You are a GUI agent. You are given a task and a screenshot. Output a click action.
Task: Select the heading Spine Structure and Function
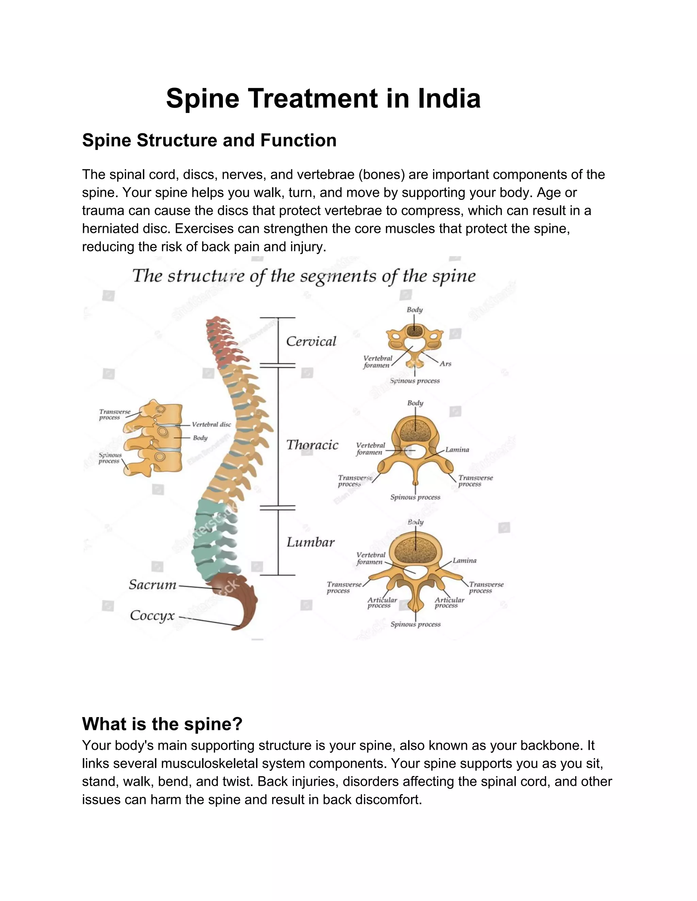point(209,140)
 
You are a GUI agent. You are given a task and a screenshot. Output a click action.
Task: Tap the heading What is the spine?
point(162,724)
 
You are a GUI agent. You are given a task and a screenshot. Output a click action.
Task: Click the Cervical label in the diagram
point(311,342)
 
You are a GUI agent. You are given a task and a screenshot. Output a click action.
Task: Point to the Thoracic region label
point(312,445)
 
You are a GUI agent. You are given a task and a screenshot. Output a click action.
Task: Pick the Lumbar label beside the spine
point(310,542)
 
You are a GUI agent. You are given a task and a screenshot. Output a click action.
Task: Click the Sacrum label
point(152,584)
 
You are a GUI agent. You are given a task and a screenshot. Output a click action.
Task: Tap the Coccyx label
point(152,615)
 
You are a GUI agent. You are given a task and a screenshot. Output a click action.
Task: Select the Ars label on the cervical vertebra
point(445,364)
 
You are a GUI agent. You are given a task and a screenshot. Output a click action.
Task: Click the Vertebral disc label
point(211,425)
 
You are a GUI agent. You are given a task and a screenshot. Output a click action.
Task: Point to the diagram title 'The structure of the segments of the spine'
point(304,276)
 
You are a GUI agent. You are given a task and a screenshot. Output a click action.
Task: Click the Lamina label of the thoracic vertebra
point(457,450)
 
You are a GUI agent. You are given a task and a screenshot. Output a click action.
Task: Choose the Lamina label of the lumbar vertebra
point(465,561)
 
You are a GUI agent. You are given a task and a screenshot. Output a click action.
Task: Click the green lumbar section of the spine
point(213,541)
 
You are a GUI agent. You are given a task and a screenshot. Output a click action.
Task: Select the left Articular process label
point(382,603)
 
